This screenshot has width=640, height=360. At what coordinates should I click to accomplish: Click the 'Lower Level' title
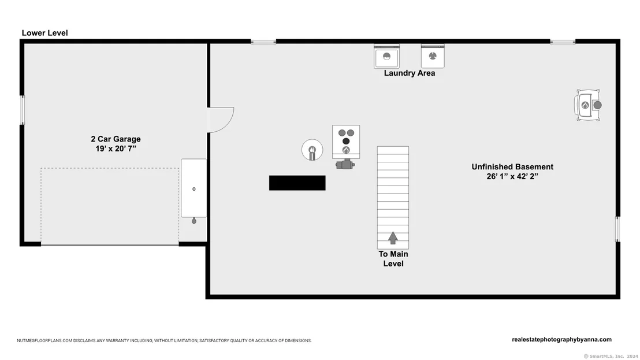pyautogui.click(x=45, y=33)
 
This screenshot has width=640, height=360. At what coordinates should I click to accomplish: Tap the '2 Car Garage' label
pyautogui.click(x=116, y=139)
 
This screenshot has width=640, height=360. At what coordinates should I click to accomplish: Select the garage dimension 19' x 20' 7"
pyautogui.click(x=116, y=149)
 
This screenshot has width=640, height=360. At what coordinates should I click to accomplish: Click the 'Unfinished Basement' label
pyautogui.click(x=512, y=167)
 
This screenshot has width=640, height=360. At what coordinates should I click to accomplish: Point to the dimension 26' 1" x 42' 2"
pyautogui.click(x=512, y=177)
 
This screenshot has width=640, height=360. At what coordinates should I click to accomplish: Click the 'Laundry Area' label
pyautogui.click(x=410, y=73)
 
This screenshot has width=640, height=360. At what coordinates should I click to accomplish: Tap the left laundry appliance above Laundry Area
pyautogui.click(x=386, y=56)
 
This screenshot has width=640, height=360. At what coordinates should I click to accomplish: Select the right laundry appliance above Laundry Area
pyautogui.click(x=433, y=56)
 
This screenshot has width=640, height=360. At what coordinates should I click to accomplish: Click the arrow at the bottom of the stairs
pyautogui.click(x=393, y=238)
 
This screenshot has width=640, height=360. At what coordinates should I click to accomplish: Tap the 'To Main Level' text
pyautogui.click(x=393, y=259)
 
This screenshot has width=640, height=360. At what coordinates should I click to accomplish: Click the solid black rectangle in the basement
pyautogui.click(x=297, y=183)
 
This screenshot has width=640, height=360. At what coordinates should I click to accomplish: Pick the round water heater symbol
pyautogui.click(x=312, y=150)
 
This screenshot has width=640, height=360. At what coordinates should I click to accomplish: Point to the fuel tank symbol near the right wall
pyautogui.click(x=588, y=105)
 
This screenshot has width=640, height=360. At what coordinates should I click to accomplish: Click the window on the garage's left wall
pyautogui.click(x=23, y=110)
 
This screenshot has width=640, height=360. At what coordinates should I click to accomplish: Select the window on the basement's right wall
pyautogui.click(x=617, y=229)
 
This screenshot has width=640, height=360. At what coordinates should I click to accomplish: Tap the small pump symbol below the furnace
pyautogui.click(x=345, y=165)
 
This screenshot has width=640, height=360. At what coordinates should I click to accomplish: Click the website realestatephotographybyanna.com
pyautogui.click(x=561, y=340)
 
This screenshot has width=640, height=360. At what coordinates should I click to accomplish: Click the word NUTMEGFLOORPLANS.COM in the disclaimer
pyautogui.click(x=44, y=340)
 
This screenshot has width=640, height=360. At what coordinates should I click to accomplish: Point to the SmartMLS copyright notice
pyautogui.click(x=611, y=357)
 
